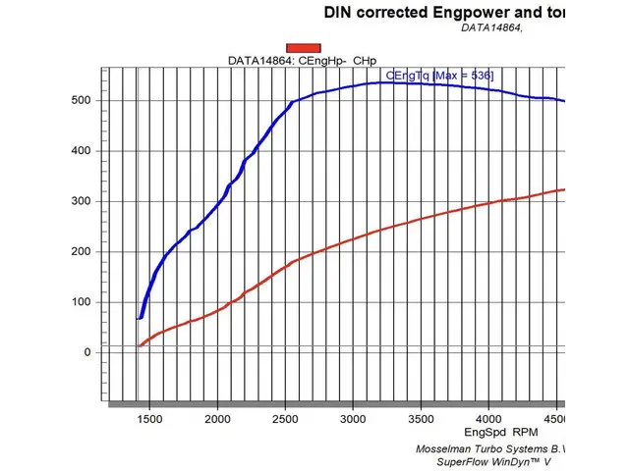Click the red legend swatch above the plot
[304, 47]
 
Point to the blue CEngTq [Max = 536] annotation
[439, 75]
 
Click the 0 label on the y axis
[87, 352]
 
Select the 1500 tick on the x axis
[149, 419]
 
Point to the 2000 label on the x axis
[217, 419]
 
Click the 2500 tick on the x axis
[285, 419]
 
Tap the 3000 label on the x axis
[353, 419]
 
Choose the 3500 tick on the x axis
[421, 419]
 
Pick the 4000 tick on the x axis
[488, 419]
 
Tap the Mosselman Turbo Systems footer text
[496, 447]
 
